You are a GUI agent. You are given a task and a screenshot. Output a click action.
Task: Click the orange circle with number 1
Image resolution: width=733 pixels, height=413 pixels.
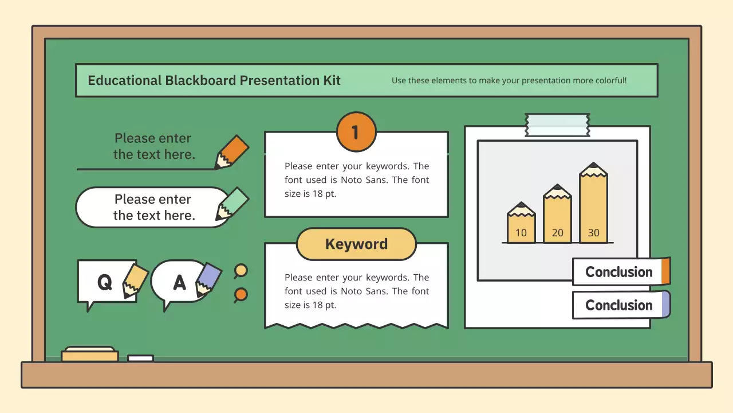coord(356,132)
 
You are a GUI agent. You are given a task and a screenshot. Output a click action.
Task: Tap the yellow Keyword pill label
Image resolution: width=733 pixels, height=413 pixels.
coord(356,244)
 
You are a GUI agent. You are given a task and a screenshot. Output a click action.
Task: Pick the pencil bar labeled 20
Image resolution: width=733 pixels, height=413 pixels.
coord(557,213)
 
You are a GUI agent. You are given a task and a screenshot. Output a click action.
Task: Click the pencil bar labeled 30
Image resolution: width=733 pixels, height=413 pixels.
coord(593,202)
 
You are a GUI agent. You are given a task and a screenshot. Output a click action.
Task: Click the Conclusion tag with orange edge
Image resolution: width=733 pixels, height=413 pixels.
coord(621,272)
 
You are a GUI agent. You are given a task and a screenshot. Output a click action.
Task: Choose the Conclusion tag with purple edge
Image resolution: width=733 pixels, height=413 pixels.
coord(621,305)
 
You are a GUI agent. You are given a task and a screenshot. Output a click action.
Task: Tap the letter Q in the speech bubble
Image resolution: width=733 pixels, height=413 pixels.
coord(105,282)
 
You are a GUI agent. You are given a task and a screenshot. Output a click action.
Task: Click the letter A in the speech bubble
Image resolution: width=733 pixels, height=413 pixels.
coord(179,282)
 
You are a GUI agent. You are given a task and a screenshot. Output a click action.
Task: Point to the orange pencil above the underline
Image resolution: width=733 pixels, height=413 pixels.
coord(231,151)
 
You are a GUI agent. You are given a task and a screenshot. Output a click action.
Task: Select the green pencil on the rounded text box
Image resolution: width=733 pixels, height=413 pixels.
coord(232,204)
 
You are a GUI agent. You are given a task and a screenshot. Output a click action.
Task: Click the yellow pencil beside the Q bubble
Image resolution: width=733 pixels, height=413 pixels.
coord(135,280)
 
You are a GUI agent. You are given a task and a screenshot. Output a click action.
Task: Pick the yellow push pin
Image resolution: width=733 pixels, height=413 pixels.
coord(241,271)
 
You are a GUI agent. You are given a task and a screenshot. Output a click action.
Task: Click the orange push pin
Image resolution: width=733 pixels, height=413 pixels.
coord(241,295)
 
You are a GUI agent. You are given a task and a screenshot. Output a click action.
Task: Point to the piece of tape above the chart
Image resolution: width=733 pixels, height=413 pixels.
coord(557,125)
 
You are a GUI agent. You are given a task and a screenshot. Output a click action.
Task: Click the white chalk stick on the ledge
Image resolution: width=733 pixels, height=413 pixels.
coord(141,359)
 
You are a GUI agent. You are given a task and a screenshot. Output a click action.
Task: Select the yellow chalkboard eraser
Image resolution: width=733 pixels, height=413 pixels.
coord(90,354)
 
